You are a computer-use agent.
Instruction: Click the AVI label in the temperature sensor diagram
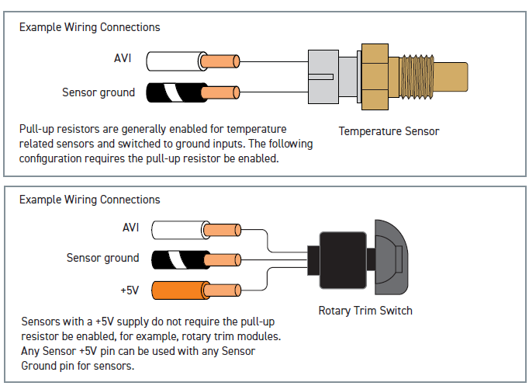coord(123,58)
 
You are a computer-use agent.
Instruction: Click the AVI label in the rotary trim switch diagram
coord(130,228)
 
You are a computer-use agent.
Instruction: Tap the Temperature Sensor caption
coord(389,131)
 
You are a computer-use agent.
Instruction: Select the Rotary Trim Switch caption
coord(365,311)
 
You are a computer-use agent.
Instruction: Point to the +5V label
coord(130,290)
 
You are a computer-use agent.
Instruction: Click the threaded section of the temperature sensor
coord(417,77)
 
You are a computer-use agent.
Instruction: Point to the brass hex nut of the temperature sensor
coord(375,77)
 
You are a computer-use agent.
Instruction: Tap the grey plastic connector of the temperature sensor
coord(323,77)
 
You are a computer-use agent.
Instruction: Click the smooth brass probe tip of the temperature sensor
coord(451,77)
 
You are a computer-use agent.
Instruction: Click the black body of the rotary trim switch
coord(343,260)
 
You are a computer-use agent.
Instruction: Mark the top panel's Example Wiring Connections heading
coord(90,27)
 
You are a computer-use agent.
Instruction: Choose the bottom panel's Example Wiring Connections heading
coord(90,200)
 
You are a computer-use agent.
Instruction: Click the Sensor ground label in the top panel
coord(99,92)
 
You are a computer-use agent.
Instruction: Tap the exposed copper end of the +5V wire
coord(223,290)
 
